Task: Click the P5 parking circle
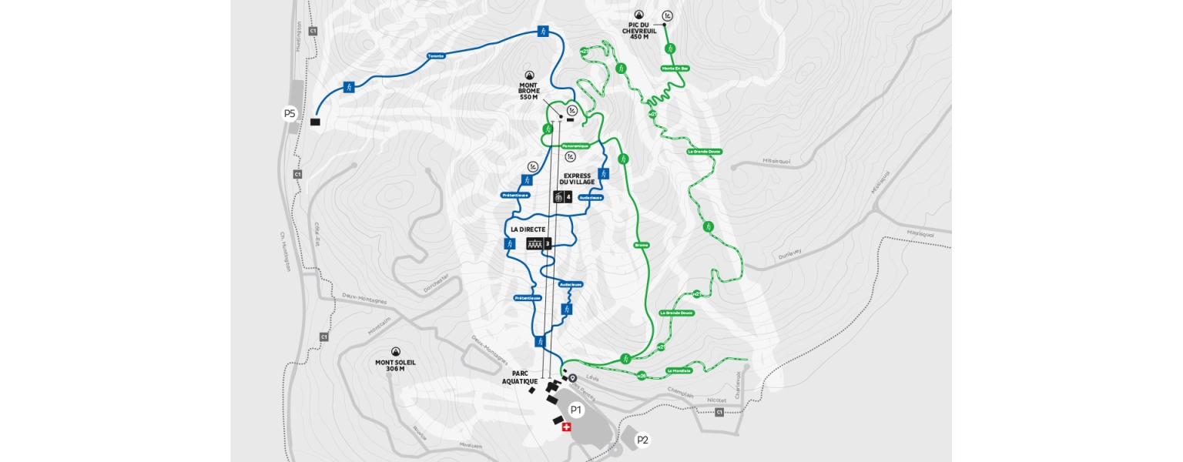[290, 114]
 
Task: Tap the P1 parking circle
[575, 410]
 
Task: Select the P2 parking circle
[642, 440]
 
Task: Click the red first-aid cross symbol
[567, 427]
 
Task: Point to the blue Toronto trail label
[437, 56]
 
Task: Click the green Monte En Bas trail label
[675, 69]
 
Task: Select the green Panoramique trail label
[575, 146]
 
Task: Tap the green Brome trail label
[641, 245]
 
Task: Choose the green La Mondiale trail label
[679, 370]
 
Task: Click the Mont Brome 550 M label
[529, 91]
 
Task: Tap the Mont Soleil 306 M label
[396, 365]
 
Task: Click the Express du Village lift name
[577, 179]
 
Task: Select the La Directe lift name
[528, 229]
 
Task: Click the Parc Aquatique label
[520, 377]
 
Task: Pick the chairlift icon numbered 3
[535, 243]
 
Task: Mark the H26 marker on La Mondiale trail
[641, 376]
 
